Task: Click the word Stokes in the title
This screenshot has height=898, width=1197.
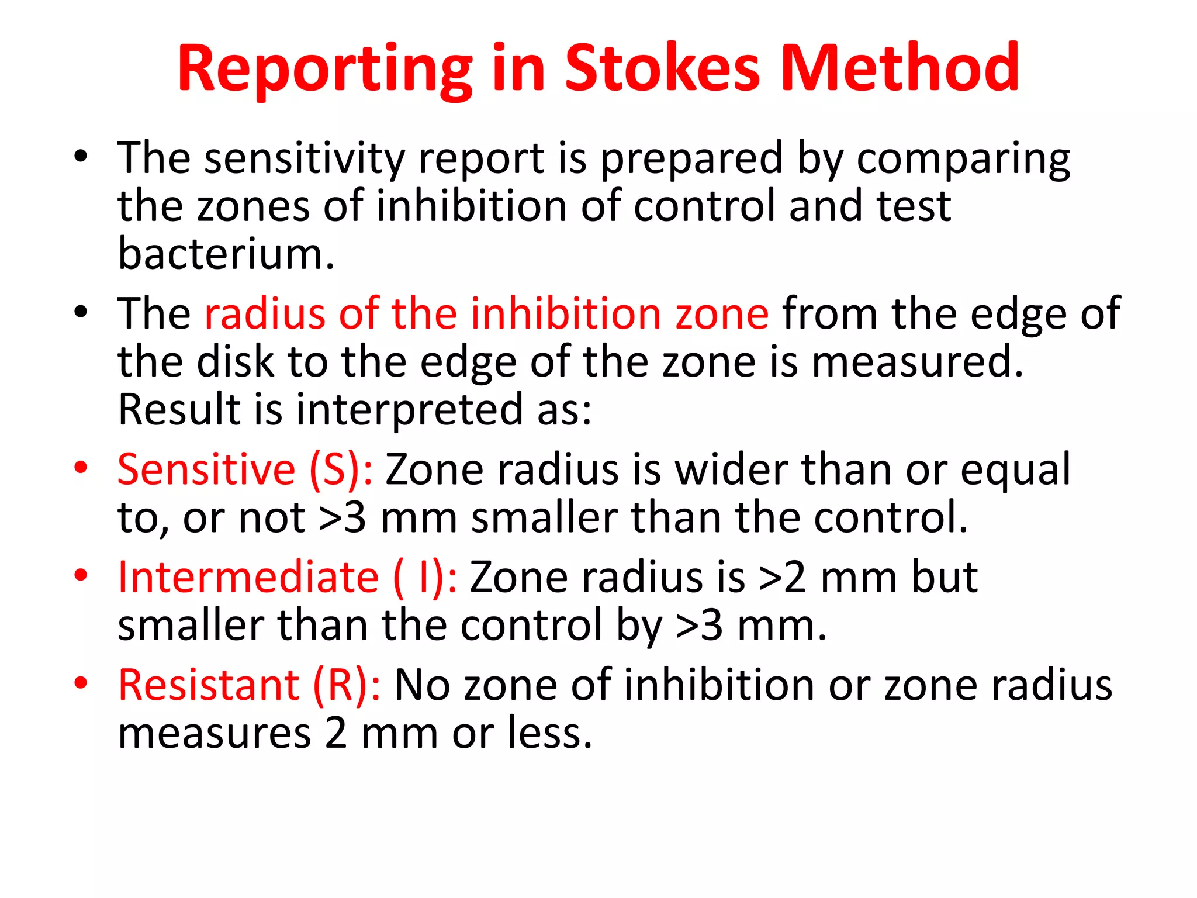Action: pos(662,68)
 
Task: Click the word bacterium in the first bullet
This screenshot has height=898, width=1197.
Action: pos(226,254)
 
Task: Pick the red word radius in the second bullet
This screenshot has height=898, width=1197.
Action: pos(264,314)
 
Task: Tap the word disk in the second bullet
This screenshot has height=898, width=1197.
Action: pos(235,362)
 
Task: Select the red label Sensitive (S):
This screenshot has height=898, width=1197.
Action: pos(244,470)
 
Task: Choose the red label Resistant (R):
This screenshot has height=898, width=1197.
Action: pos(249,685)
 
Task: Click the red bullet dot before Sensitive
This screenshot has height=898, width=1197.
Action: pos(81,467)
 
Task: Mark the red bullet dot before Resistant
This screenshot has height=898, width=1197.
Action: pos(81,682)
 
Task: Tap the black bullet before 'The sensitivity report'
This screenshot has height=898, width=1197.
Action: pos(81,156)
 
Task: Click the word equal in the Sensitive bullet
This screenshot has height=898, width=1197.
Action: pos(1015,470)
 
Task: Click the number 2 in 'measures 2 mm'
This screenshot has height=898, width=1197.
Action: pos(336,734)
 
